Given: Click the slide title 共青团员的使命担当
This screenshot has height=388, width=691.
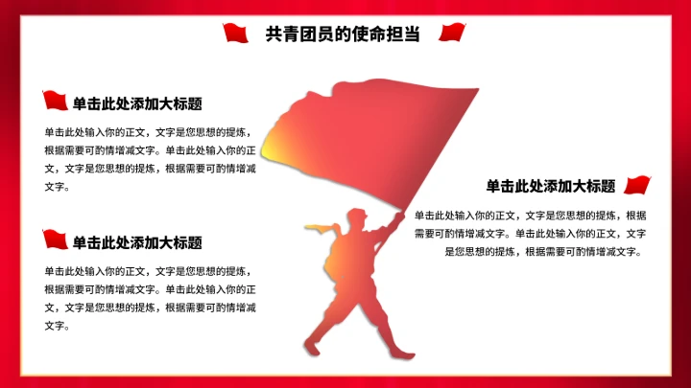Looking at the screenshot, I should click(x=343, y=34).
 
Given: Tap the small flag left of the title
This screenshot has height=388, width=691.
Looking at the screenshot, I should click(x=236, y=34).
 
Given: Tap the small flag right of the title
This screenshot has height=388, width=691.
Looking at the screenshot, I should click(x=452, y=34).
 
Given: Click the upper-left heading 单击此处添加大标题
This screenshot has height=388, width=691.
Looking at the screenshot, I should click(x=137, y=103).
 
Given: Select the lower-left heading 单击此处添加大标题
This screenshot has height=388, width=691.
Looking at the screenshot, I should click(x=137, y=242).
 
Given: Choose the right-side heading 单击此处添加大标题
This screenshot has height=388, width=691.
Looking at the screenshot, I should click(x=550, y=186).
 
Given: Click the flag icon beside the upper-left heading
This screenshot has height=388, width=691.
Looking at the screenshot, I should click(x=56, y=101).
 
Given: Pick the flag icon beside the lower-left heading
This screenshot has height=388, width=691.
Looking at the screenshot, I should click(x=56, y=240).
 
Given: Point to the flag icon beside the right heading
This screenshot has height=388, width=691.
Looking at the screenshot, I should click(x=637, y=184).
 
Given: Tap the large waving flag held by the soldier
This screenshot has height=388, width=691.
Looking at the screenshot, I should click(x=384, y=134).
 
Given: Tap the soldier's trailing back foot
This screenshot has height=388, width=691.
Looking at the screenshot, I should click(x=311, y=347).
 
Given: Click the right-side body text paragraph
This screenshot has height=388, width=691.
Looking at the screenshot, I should click(x=530, y=233).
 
